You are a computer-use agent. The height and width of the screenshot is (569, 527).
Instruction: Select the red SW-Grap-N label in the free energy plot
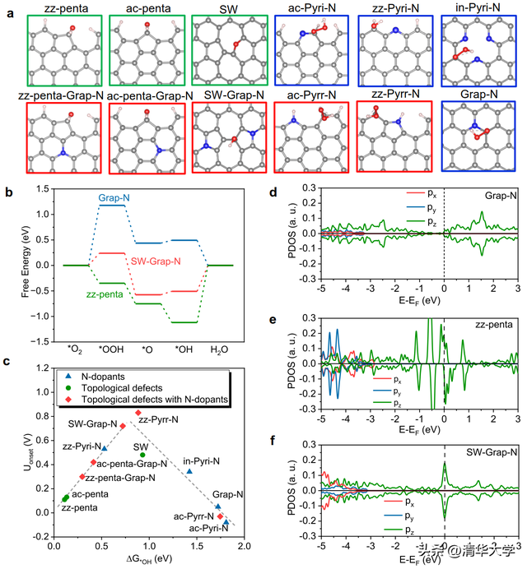(158, 261)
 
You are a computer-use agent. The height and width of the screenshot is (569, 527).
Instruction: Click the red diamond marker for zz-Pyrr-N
(138, 413)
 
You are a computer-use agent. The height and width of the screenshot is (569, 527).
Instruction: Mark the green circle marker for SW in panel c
(142, 455)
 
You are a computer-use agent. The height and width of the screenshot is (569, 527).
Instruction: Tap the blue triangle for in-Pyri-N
(189, 470)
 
